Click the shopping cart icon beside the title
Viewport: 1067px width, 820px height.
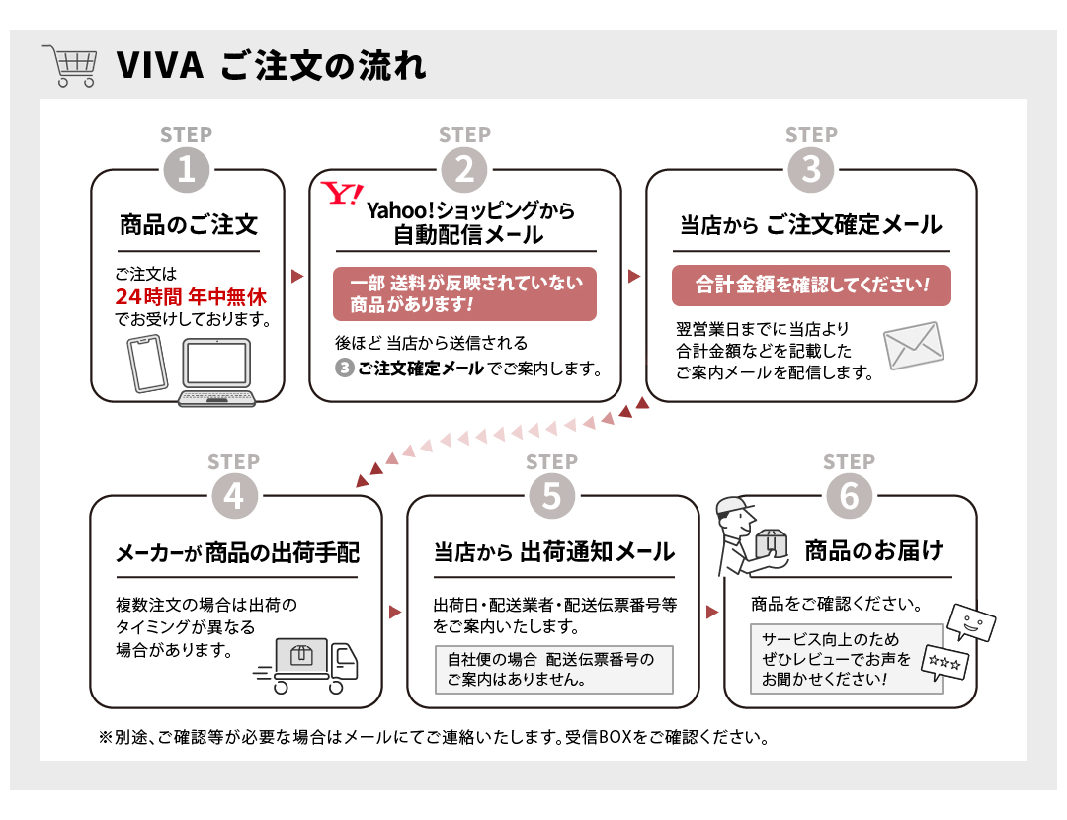click(69, 66)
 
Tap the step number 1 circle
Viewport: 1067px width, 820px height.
click(187, 170)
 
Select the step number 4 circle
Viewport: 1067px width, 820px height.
click(234, 496)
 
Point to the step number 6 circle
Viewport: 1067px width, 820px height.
click(850, 496)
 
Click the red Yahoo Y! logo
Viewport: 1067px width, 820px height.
click(342, 194)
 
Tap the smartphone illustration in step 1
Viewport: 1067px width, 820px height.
click(147, 364)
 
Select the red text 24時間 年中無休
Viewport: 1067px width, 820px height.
click(191, 296)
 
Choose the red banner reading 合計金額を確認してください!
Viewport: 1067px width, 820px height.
click(811, 286)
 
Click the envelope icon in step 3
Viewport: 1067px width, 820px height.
click(913, 346)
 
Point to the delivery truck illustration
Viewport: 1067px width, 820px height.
click(305, 666)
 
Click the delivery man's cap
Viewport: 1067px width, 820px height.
click(733, 506)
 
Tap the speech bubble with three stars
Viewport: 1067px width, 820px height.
click(944, 662)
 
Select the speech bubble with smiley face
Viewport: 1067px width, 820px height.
click(971, 621)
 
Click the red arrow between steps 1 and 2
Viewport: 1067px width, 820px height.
click(296, 276)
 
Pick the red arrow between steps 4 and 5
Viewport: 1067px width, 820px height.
click(394, 612)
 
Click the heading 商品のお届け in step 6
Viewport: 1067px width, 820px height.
click(873, 550)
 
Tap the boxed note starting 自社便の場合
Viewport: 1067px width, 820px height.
click(554, 670)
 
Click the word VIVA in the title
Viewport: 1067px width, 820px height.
click(160, 66)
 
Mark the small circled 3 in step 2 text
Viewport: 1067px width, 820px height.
click(345, 369)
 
